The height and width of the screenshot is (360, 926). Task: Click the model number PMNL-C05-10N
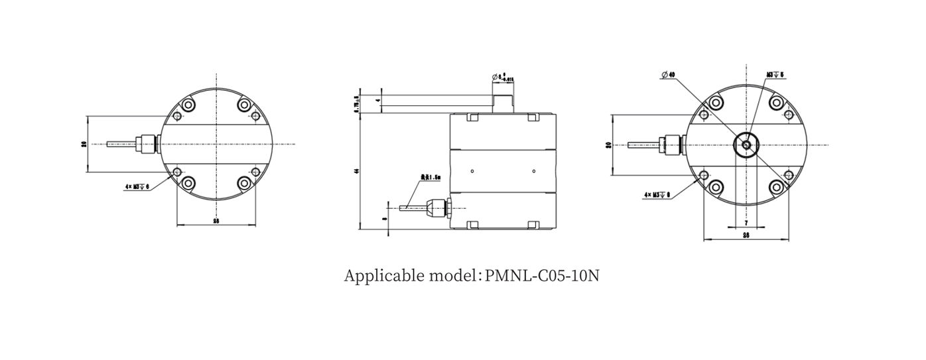[x=542, y=275]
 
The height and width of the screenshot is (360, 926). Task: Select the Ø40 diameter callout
[x=667, y=75]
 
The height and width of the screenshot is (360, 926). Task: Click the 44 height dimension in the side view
[x=357, y=172]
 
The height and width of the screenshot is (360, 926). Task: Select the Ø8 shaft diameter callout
[x=503, y=78]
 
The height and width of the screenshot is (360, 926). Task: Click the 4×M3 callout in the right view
[x=657, y=195]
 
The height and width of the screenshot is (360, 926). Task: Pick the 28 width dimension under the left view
[x=216, y=221]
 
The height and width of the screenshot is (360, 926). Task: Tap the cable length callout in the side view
[x=430, y=178]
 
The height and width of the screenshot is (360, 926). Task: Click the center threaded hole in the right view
[x=746, y=144]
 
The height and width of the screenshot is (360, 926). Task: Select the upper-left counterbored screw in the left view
[x=189, y=105]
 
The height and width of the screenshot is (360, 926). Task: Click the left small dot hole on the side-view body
[x=472, y=172]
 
